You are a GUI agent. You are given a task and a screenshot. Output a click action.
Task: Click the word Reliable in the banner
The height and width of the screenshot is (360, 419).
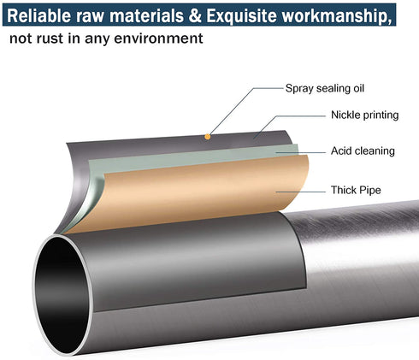[39, 15]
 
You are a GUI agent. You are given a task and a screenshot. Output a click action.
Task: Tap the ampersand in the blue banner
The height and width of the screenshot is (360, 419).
[195, 15]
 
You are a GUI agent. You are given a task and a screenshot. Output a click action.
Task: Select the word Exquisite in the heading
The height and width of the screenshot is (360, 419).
[242, 16]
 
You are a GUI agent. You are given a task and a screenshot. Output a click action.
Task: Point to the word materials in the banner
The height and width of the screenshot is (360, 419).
[146, 15]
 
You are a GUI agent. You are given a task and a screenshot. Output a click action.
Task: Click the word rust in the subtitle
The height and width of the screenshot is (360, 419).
[50, 38]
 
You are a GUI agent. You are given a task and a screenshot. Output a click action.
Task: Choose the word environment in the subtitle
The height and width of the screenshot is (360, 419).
[158, 38]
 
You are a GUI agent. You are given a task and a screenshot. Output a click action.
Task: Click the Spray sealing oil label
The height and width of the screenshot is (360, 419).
[325, 88]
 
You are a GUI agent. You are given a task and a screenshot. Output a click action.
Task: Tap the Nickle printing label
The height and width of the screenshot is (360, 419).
[364, 115]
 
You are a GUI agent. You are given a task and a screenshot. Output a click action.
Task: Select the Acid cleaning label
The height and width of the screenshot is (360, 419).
[363, 150]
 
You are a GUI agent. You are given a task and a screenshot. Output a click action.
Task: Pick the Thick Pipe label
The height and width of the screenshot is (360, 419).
[356, 190]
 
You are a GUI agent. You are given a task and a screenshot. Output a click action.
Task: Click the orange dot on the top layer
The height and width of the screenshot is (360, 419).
[208, 137]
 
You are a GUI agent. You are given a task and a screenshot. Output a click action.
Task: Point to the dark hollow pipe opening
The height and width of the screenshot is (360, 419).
[62, 293]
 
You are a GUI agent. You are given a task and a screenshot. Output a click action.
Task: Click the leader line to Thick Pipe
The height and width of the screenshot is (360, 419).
[300, 192]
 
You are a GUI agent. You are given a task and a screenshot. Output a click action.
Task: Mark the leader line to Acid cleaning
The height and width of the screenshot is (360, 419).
[300, 152]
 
